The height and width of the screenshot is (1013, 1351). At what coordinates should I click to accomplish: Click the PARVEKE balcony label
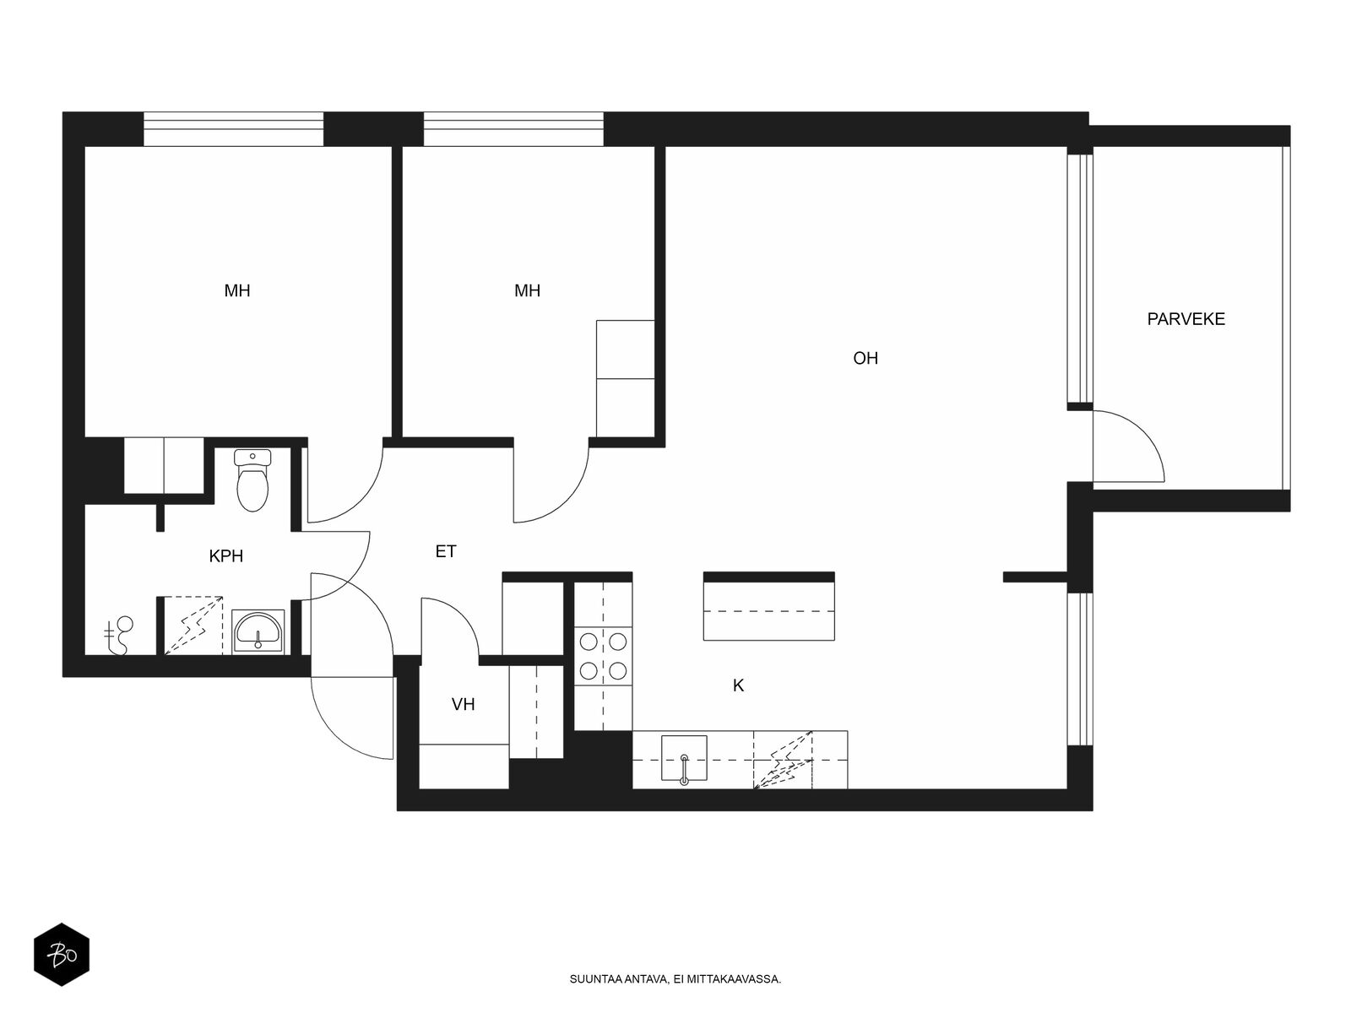[x=1186, y=318]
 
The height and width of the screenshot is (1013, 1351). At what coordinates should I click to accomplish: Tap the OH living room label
[x=865, y=358]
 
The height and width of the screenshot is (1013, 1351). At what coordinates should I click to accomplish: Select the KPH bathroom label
[x=226, y=556]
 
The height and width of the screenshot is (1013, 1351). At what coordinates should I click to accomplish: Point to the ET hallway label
[x=446, y=551]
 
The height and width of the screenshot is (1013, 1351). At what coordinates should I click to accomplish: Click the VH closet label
[x=463, y=704]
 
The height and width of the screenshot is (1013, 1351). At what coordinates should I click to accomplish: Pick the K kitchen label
[x=738, y=685]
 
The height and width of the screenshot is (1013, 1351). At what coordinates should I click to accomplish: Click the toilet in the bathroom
[x=252, y=480]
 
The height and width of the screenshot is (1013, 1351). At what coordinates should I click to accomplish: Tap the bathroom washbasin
[x=258, y=631]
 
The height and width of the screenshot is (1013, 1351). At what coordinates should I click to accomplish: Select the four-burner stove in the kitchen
[x=603, y=656]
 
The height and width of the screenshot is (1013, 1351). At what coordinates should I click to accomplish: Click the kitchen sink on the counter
[x=684, y=758]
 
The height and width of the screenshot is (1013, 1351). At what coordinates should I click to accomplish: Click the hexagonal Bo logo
[x=62, y=955]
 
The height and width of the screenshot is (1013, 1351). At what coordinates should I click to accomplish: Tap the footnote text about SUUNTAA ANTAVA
[x=675, y=979]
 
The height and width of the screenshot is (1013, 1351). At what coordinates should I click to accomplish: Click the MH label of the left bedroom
[x=237, y=290]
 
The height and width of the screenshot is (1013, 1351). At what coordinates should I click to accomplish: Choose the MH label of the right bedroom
[x=528, y=290]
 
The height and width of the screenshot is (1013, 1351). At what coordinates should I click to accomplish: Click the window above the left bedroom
[x=233, y=129]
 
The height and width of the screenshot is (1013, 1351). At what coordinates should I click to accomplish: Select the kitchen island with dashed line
[x=768, y=606]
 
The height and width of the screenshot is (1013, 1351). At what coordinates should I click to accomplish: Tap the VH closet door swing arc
[x=463, y=615]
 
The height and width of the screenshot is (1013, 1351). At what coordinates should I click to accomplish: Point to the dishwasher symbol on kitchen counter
[x=783, y=760]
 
